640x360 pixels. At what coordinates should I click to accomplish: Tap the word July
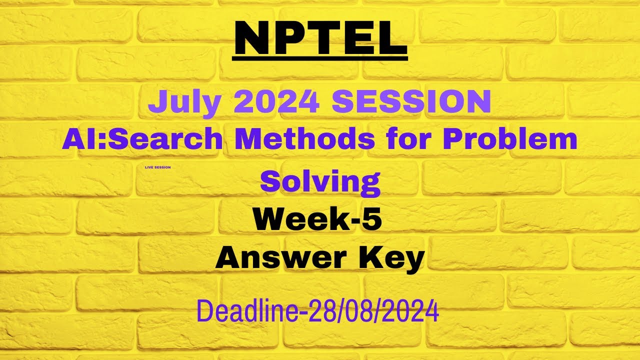point(184,101)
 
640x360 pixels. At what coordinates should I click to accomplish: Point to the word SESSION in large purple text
point(411,101)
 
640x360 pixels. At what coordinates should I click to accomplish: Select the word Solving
point(320,181)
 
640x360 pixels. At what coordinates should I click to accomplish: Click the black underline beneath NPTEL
point(320,58)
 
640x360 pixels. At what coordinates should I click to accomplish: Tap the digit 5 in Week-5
point(372,220)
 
